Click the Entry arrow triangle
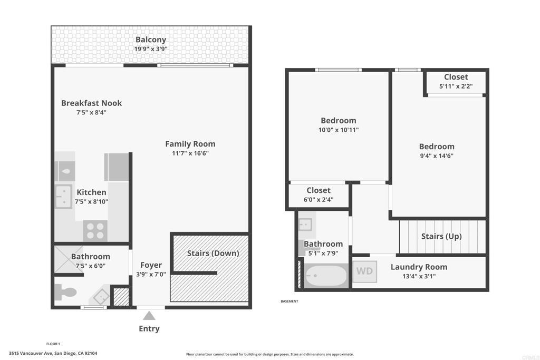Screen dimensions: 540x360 pyautogui.click(x=149, y=316)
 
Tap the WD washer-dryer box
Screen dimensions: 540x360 pyautogui.click(x=365, y=271)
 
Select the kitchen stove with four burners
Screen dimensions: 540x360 pyautogui.click(x=95, y=231)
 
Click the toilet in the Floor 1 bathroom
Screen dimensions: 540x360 pyautogui.click(x=65, y=292)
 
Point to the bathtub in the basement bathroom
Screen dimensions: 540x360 pyautogui.click(x=326, y=276)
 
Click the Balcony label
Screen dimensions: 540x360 pyautogui.click(x=151, y=40)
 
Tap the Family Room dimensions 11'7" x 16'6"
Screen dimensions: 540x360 pyautogui.click(x=190, y=153)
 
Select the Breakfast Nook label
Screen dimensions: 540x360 pyautogui.click(x=92, y=103)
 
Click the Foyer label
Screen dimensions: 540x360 pyautogui.click(x=151, y=265)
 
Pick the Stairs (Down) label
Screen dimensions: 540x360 pyautogui.click(x=213, y=254)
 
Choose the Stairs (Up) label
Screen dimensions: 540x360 pyautogui.click(x=441, y=237)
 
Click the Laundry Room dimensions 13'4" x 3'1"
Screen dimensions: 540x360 pyautogui.click(x=419, y=276)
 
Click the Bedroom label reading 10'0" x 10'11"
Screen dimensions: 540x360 pyautogui.click(x=339, y=125)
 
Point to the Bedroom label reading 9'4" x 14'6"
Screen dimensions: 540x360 pyautogui.click(x=437, y=151)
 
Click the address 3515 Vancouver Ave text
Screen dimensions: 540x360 pyautogui.click(x=31, y=353)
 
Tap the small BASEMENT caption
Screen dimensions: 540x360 pyautogui.click(x=290, y=301)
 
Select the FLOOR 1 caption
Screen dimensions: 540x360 pyautogui.click(x=53, y=344)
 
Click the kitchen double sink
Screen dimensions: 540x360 pyautogui.click(x=63, y=197)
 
